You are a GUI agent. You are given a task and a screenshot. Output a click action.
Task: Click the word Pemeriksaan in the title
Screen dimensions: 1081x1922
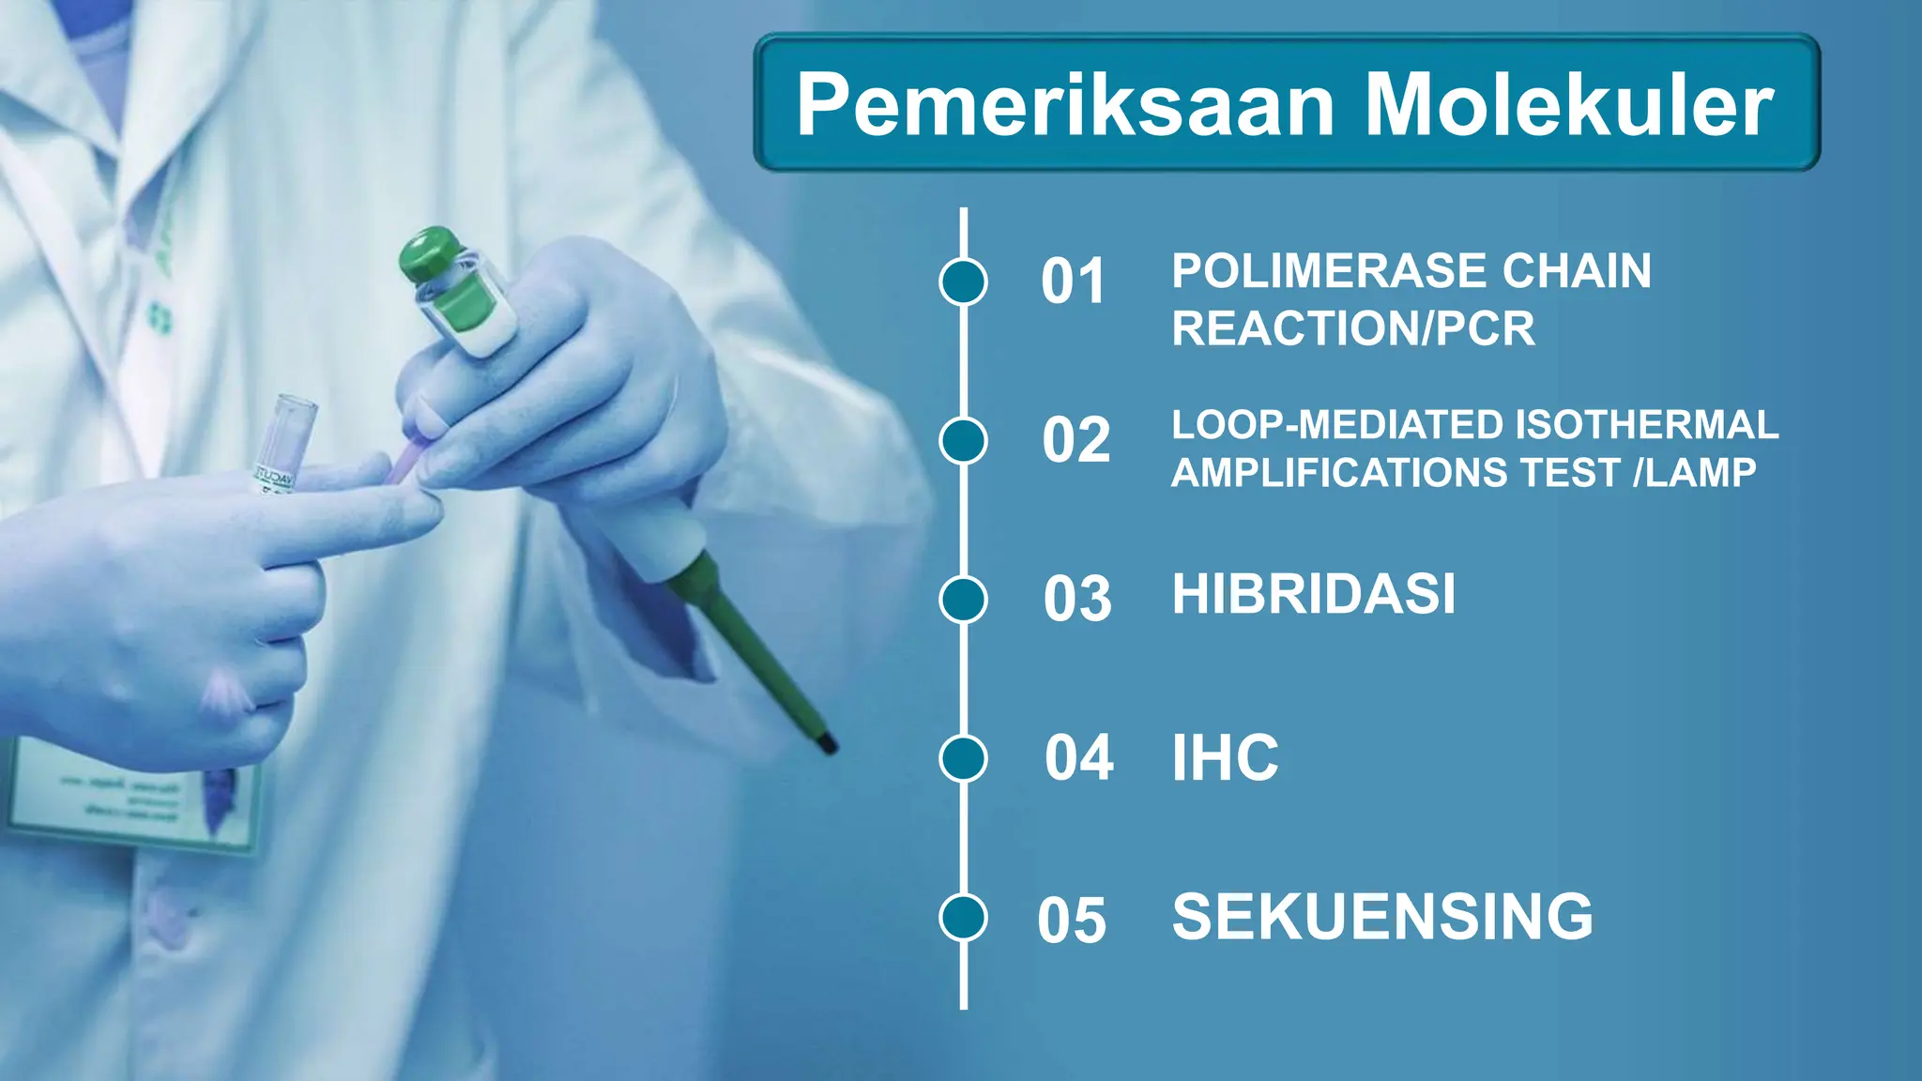pos(1065,105)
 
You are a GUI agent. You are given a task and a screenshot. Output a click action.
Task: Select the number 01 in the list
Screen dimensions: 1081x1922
pos(1074,282)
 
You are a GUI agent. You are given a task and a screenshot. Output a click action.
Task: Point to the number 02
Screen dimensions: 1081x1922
pos(1075,440)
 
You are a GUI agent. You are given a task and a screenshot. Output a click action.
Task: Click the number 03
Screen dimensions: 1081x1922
pos(1077,599)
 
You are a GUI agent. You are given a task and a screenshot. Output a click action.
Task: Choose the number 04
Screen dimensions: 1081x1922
pos(1079,757)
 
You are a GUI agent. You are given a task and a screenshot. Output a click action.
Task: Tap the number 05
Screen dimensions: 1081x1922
pos(1072,920)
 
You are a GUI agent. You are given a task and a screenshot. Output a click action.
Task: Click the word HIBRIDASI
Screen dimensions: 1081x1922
pos(1314,594)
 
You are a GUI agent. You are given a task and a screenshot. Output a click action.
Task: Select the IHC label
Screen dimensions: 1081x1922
pos(1225,757)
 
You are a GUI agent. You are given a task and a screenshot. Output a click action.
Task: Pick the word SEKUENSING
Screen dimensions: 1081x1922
pos(1382,917)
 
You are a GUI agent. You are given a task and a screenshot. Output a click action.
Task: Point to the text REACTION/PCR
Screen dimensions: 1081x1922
pos(1352,328)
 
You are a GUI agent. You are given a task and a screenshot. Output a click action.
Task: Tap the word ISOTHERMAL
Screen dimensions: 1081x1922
pos(1646,425)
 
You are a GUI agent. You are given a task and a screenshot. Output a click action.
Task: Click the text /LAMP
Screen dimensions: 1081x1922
pos(1694,472)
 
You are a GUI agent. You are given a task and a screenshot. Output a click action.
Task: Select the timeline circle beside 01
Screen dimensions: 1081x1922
pos(963,282)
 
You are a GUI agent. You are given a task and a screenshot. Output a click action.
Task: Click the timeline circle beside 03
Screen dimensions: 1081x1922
pos(963,599)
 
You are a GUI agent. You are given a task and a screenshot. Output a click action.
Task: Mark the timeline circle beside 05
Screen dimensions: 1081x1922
pos(963,917)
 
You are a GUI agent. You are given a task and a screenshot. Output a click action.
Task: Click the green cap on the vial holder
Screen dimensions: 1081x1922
pos(431,251)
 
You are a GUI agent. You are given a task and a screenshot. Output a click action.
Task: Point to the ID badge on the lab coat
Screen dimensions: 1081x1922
pos(131,798)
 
